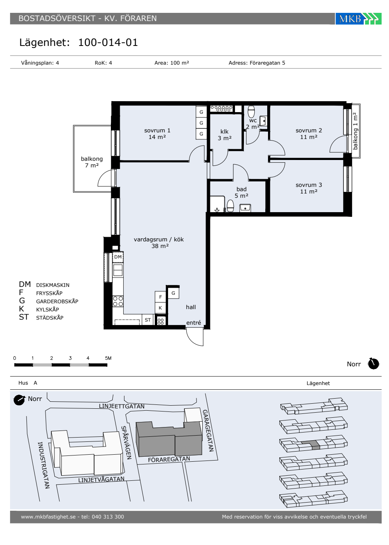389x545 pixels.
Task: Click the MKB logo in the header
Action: [x=358, y=19]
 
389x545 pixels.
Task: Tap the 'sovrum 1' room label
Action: [x=157, y=130]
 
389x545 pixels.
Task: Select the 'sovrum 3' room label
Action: [x=309, y=185]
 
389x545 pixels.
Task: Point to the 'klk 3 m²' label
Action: [x=224, y=135]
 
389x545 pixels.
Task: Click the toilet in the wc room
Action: [x=251, y=112]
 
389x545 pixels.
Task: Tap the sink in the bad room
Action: [x=245, y=208]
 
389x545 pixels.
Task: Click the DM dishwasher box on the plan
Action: [x=118, y=257]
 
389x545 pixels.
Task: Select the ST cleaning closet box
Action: [x=147, y=320]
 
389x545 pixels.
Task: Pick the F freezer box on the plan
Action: [x=160, y=297]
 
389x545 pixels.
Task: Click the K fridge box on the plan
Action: [x=160, y=308]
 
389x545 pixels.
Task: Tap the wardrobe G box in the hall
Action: [x=173, y=293]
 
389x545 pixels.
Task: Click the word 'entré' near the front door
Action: [x=194, y=323]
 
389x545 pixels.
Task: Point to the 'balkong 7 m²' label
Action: [x=92, y=162]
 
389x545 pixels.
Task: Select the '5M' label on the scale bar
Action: [x=108, y=358]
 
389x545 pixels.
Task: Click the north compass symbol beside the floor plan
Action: [x=373, y=364]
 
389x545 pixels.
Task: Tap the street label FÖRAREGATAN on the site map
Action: [x=169, y=459]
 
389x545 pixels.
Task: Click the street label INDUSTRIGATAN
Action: [x=44, y=465]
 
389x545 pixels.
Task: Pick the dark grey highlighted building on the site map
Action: [x=169, y=439]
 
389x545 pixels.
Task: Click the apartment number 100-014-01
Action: [x=108, y=42]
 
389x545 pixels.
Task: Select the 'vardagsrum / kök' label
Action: [x=159, y=239]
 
